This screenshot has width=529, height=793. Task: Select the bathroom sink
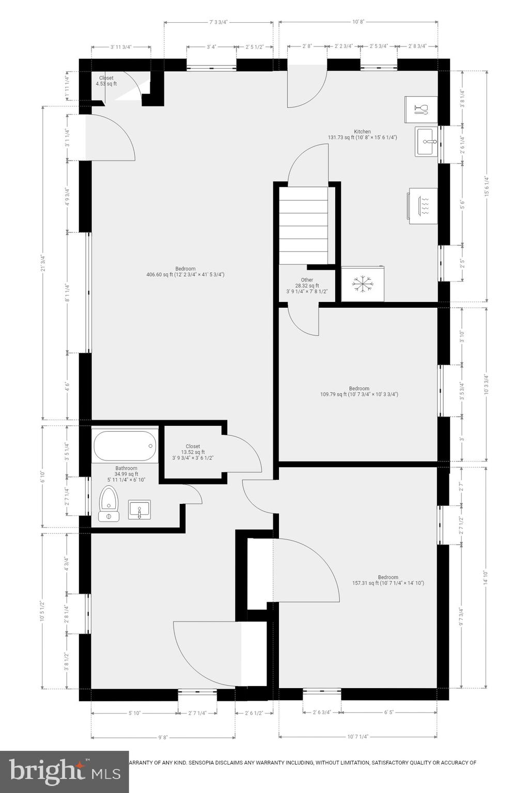click(139, 509)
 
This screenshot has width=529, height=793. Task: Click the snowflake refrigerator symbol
click(362, 283)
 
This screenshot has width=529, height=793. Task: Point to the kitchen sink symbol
click(426, 141)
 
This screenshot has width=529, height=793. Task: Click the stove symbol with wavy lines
click(423, 205)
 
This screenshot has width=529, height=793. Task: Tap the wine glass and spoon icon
click(421, 109)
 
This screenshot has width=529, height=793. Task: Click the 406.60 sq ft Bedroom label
click(185, 272)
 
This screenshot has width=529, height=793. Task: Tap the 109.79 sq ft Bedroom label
click(359, 391)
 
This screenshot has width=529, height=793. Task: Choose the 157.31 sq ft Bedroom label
click(388, 580)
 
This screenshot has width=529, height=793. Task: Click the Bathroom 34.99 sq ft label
click(126, 474)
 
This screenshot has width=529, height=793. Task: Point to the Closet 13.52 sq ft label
click(193, 452)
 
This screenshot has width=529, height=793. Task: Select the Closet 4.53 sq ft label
click(106, 81)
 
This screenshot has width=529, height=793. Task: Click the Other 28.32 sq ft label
click(307, 286)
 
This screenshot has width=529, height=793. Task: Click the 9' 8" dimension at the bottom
click(163, 737)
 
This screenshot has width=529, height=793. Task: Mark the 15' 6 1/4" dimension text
click(486, 186)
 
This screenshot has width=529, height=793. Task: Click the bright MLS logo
click(65, 772)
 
